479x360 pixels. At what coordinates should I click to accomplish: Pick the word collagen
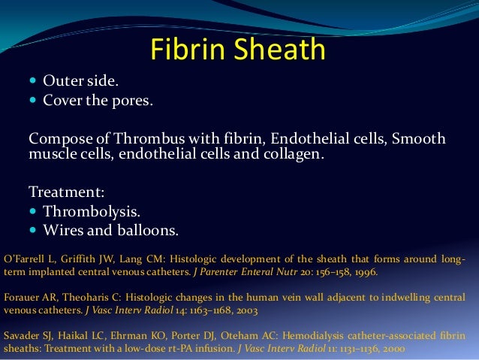(294, 154)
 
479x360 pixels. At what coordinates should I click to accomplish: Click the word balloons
(149, 230)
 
